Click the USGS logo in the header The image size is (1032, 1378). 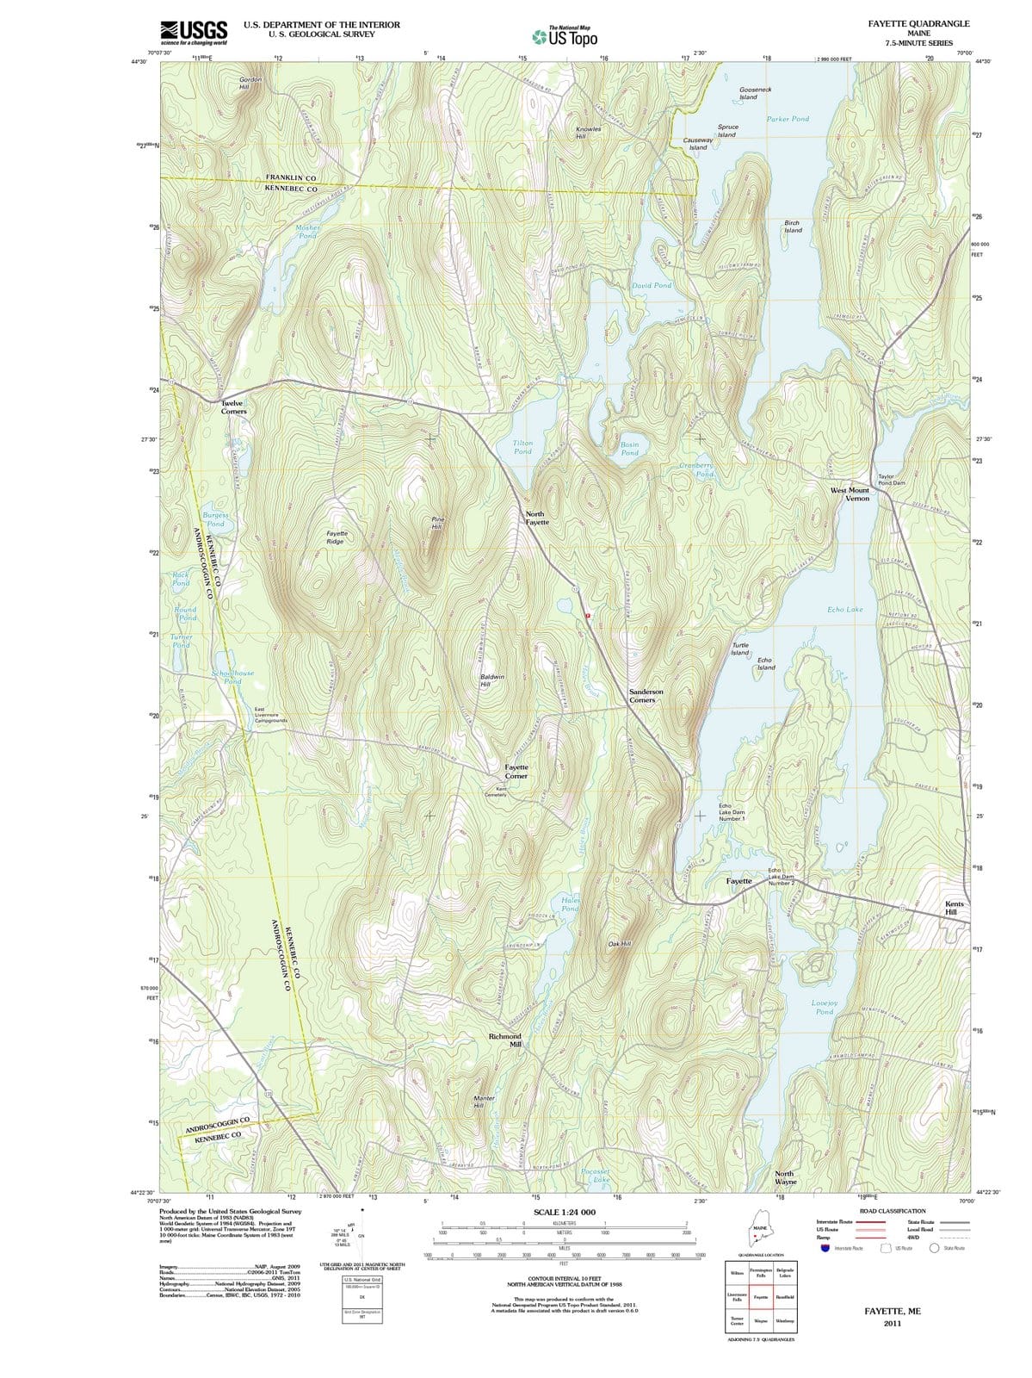(x=195, y=32)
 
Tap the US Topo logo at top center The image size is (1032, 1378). (x=564, y=37)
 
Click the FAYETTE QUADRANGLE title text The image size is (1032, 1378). (x=918, y=23)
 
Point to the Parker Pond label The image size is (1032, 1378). (x=788, y=119)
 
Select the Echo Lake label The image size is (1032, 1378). (x=844, y=609)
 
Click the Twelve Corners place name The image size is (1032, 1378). (x=233, y=407)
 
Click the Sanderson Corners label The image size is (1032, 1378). (x=646, y=696)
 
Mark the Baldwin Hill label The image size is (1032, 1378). (x=491, y=680)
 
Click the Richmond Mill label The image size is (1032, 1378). (x=505, y=1040)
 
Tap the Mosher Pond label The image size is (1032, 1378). (x=307, y=232)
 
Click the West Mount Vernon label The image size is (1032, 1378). (x=850, y=494)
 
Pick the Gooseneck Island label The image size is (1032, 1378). (x=755, y=93)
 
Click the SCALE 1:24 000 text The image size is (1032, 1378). (x=564, y=1212)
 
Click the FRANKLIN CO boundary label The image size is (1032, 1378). (x=290, y=177)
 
